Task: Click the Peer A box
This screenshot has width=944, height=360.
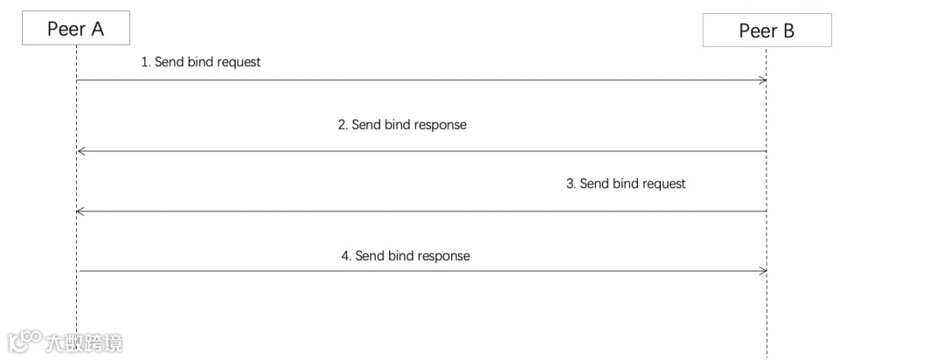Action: point(76,29)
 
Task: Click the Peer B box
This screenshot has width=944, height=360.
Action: point(767,31)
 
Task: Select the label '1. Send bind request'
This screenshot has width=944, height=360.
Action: point(201,63)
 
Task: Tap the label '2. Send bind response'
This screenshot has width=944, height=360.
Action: point(402,125)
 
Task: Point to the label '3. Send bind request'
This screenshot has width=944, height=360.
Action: point(626,183)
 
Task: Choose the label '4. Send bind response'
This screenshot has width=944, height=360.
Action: point(406,256)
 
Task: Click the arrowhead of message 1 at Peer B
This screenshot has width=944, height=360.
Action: point(763,80)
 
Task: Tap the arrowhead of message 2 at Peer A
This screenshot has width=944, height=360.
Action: point(80,151)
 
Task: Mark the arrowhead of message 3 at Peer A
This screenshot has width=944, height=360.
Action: point(80,211)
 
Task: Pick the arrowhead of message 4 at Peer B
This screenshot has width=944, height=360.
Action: point(763,271)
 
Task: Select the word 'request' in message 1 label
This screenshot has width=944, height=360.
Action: point(238,63)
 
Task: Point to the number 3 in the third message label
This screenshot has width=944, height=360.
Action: point(570,183)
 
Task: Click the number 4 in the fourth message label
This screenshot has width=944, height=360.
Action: point(345,256)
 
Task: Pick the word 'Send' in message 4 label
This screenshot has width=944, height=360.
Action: point(371,256)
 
